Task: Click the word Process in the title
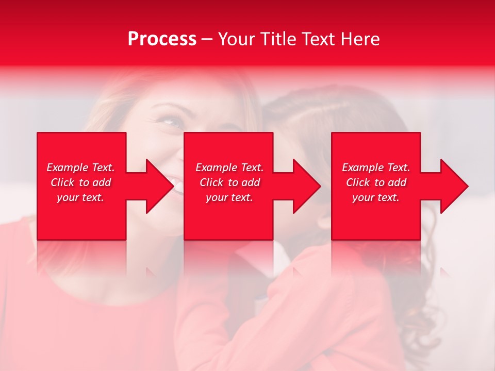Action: pyautogui.click(x=162, y=39)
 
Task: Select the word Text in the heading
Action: pyautogui.click(x=319, y=39)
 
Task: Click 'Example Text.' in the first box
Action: pyautogui.click(x=80, y=167)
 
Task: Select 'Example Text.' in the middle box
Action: pyautogui.click(x=229, y=167)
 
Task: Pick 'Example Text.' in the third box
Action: pyautogui.click(x=376, y=167)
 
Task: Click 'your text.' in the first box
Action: pyautogui.click(x=80, y=197)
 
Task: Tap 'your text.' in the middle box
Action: pyautogui.click(x=229, y=197)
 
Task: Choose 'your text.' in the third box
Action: pyautogui.click(x=376, y=197)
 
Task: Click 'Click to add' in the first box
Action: pyautogui.click(x=80, y=182)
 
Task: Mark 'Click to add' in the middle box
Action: pyautogui.click(x=229, y=182)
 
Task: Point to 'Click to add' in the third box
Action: pyautogui.click(x=376, y=182)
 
